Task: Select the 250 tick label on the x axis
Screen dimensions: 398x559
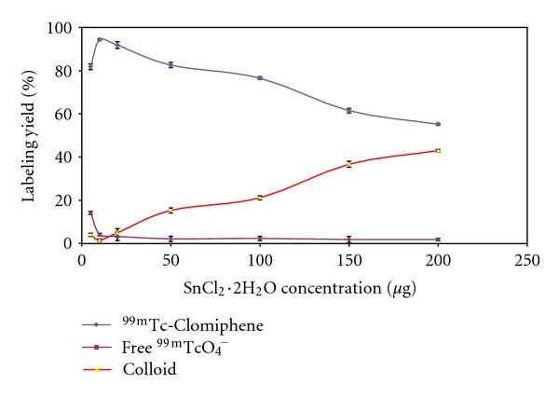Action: (x=527, y=259)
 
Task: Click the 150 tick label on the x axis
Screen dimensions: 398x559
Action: (x=348, y=259)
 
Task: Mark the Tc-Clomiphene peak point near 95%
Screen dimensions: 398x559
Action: (x=99, y=39)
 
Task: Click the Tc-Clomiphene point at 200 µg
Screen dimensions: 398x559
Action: (x=438, y=124)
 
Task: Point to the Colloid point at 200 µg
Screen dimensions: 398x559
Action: (x=438, y=150)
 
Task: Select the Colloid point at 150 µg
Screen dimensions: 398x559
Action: (x=348, y=164)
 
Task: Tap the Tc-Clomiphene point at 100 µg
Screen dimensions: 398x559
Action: (x=260, y=77)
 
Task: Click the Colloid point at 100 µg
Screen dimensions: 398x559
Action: (x=260, y=198)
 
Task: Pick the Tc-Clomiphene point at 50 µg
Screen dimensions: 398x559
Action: (x=170, y=64)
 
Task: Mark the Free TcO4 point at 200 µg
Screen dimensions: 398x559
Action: (x=438, y=240)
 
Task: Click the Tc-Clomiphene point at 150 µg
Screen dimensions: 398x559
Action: (x=348, y=110)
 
